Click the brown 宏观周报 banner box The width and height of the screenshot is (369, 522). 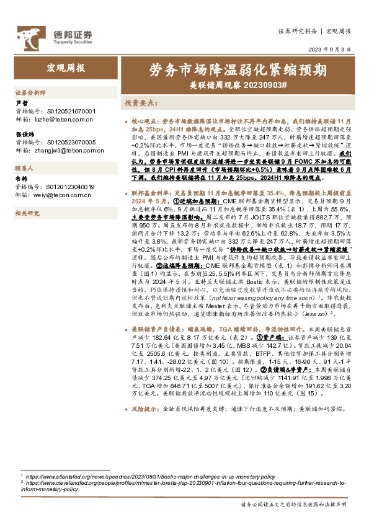pyautogui.click(x=66, y=68)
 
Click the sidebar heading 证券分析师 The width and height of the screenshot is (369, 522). pyautogui.click(x=30, y=92)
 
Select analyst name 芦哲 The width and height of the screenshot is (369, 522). pyautogui.click(x=22, y=102)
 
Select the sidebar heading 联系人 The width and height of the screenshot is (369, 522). pyautogui.click(x=25, y=167)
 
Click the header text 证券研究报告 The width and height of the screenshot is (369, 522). pyautogui.click(x=297, y=30)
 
